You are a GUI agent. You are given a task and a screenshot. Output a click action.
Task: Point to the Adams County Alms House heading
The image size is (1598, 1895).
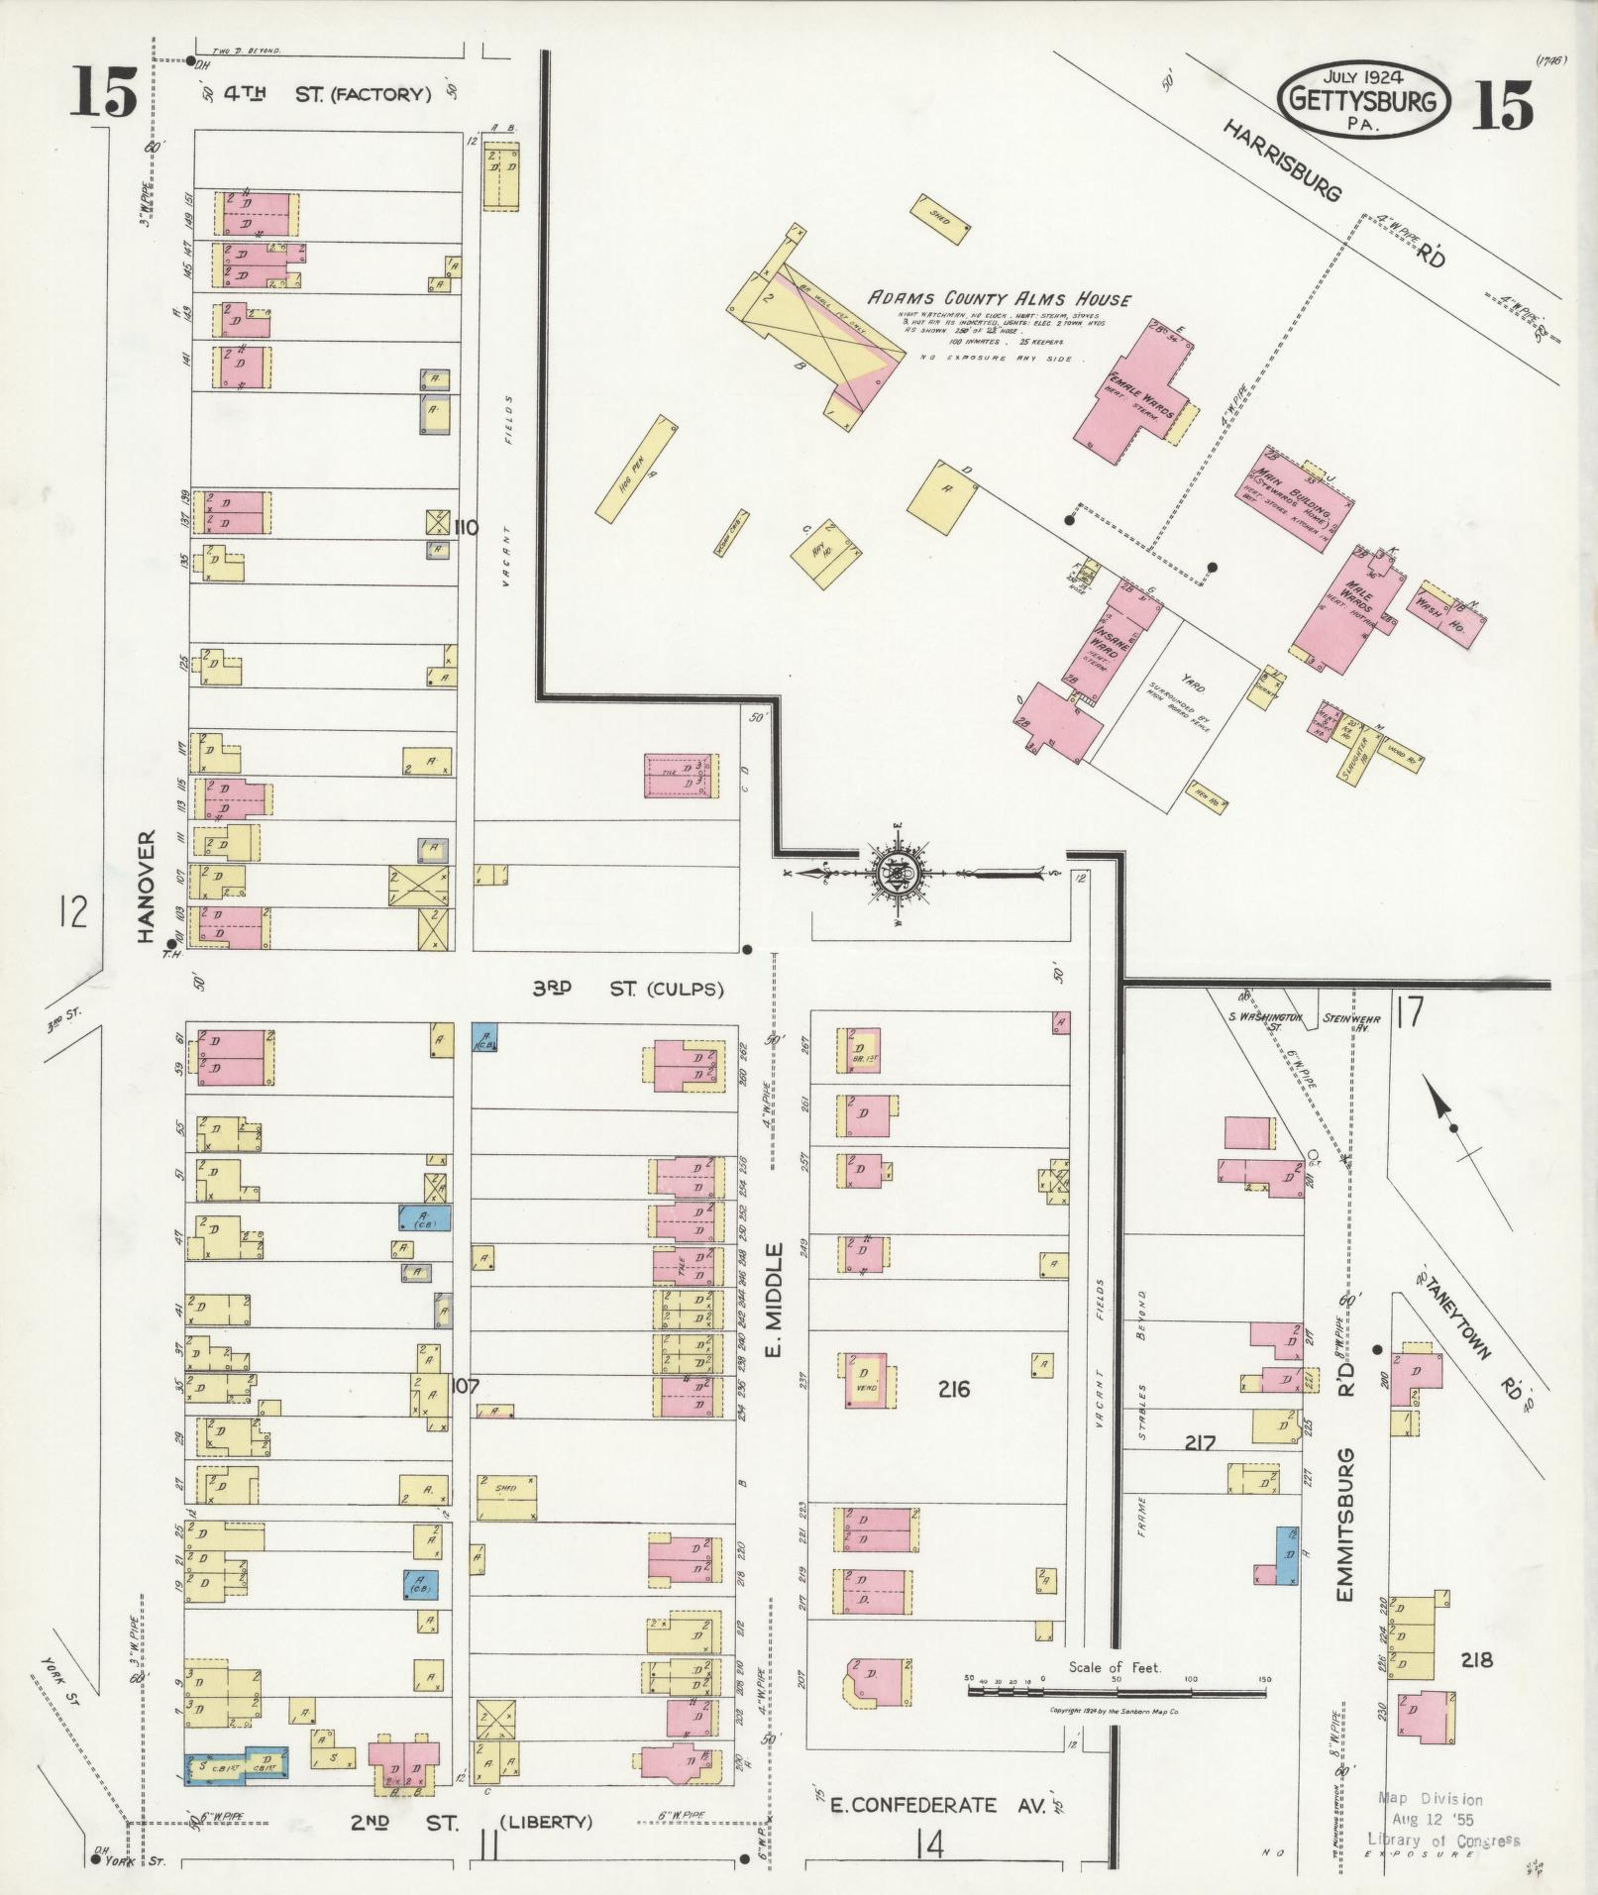[1000, 299]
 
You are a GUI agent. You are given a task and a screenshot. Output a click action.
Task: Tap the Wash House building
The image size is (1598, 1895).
[1449, 613]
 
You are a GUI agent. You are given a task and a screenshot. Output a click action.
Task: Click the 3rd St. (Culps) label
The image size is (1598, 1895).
[628, 989]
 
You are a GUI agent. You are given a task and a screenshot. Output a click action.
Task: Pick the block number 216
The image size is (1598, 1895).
[952, 1389]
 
